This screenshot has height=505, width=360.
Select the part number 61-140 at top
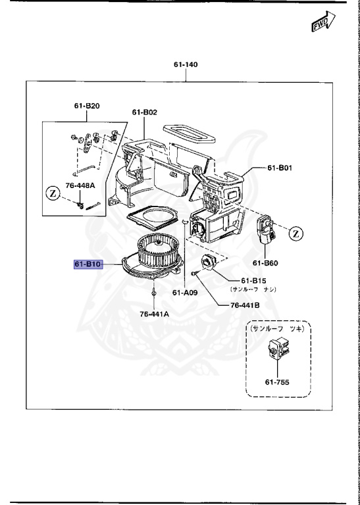186,64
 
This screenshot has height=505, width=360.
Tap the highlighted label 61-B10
87,264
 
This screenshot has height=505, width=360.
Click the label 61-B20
87,106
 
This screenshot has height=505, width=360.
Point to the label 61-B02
144,112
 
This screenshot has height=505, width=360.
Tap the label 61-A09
186,293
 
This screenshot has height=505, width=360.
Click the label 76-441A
153,314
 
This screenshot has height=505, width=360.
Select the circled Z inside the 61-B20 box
53,195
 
